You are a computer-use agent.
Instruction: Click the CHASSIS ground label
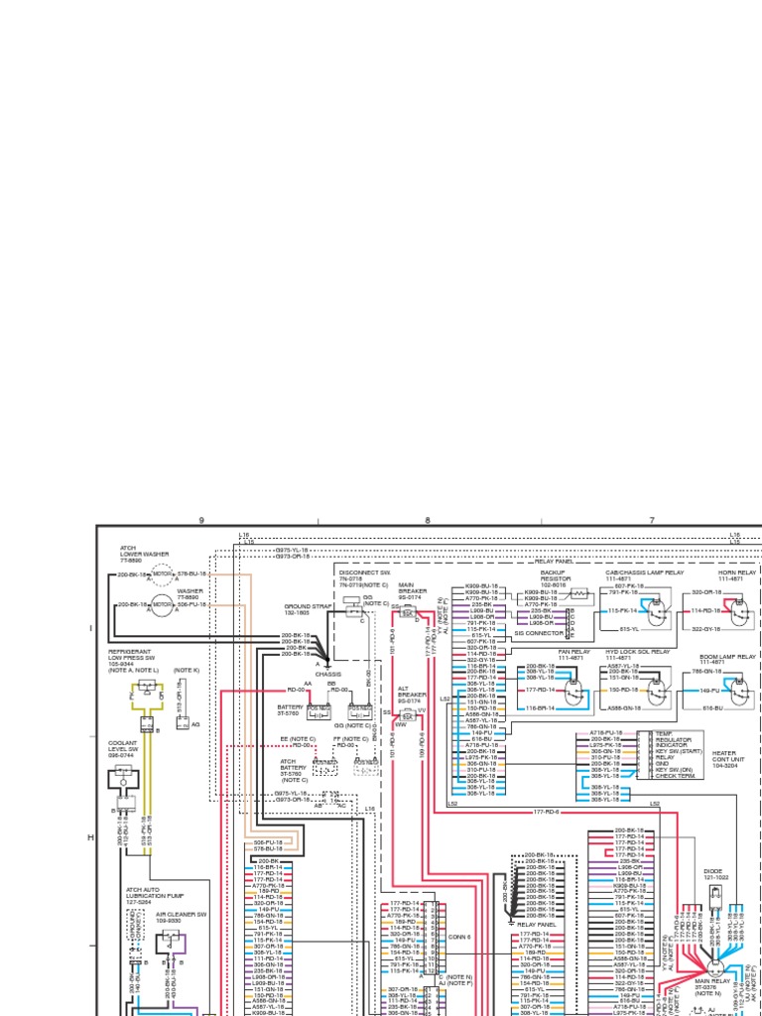pos(328,674)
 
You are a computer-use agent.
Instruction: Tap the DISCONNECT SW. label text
pos(364,572)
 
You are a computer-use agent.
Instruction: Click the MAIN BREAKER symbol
pos(407,614)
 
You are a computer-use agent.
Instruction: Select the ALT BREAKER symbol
pos(407,713)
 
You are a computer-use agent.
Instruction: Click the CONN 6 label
pos(458,937)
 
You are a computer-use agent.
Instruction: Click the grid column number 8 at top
pos(428,520)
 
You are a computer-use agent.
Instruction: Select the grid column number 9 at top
pos(200,520)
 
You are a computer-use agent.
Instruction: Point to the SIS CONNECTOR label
pos(538,632)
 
